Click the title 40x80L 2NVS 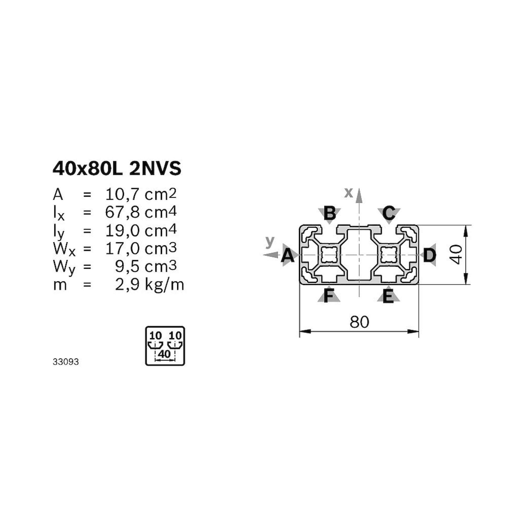(117, 169)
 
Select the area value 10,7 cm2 (141, 194)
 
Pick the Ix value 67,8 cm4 (141, 212)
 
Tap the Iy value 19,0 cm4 (141, 230)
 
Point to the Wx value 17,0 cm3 (141, 248)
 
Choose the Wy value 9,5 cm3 (146, 266)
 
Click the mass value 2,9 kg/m (149, 285)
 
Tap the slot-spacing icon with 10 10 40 (165, 346)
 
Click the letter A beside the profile (288, 256)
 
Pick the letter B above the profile (330, 213)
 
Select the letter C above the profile (388, 213)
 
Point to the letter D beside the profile (430, 256)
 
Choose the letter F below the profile (329, 296)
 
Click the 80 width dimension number (359, 322)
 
